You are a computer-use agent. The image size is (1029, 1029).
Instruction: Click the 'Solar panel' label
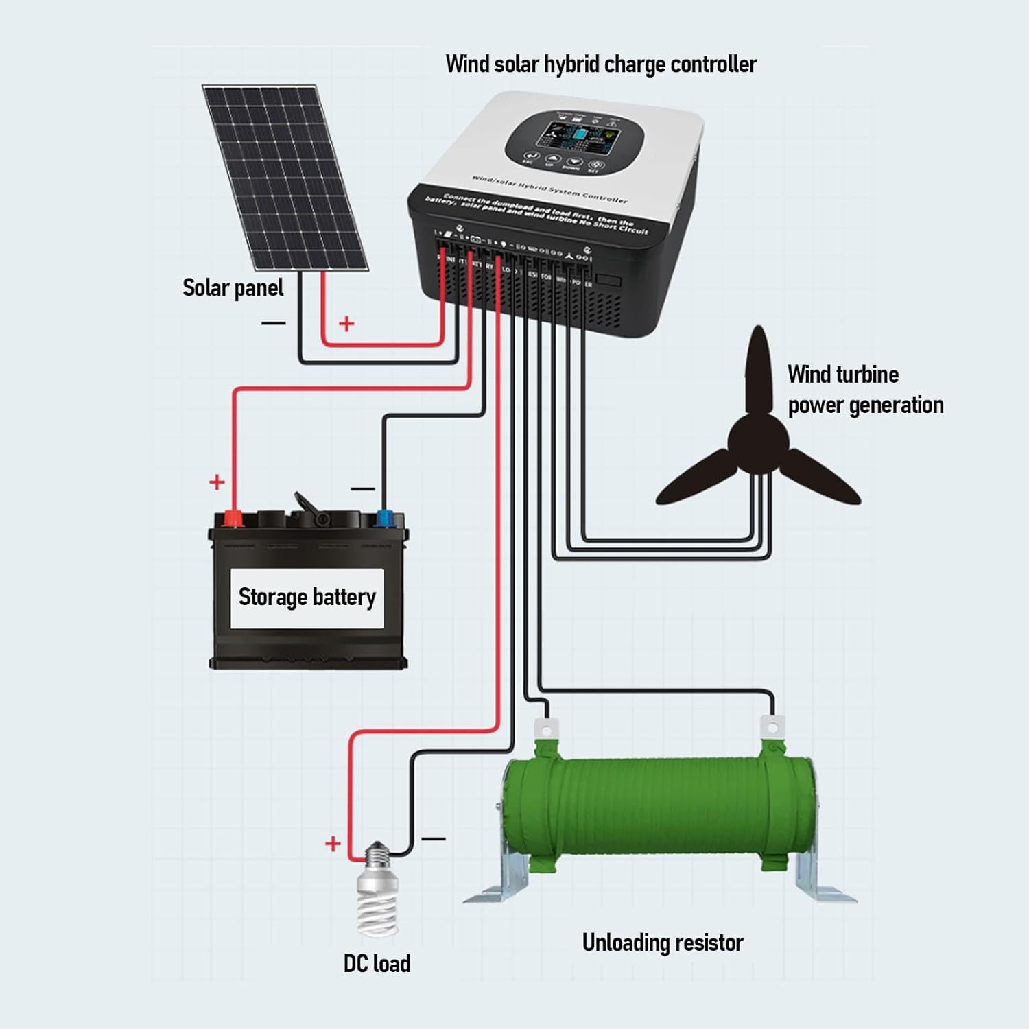coord(233,288)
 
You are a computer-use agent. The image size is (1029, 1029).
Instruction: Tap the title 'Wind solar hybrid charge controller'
coord(601,64)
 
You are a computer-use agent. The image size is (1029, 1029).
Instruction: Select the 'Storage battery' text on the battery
coord(307,597)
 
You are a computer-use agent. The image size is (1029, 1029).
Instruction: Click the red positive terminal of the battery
coord(233,518)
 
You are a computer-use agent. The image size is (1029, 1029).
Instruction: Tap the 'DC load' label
coord(377,963)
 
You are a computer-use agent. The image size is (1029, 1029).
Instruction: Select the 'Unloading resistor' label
coord(662,943)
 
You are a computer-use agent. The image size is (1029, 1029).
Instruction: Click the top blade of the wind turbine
coord(758,370)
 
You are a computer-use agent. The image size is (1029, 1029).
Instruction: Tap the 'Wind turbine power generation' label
coord(864,390)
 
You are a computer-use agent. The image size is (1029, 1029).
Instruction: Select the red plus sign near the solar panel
coord(347,323)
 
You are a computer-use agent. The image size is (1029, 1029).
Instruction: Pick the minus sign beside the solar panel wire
coord(273,322)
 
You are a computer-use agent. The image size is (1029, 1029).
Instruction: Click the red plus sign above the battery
coord(217,482)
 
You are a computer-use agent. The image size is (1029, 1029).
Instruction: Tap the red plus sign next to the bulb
coord(333,843)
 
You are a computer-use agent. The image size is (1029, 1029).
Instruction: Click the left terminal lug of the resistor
coord(546,727)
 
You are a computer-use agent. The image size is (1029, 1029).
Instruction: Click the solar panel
coord(285,177)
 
